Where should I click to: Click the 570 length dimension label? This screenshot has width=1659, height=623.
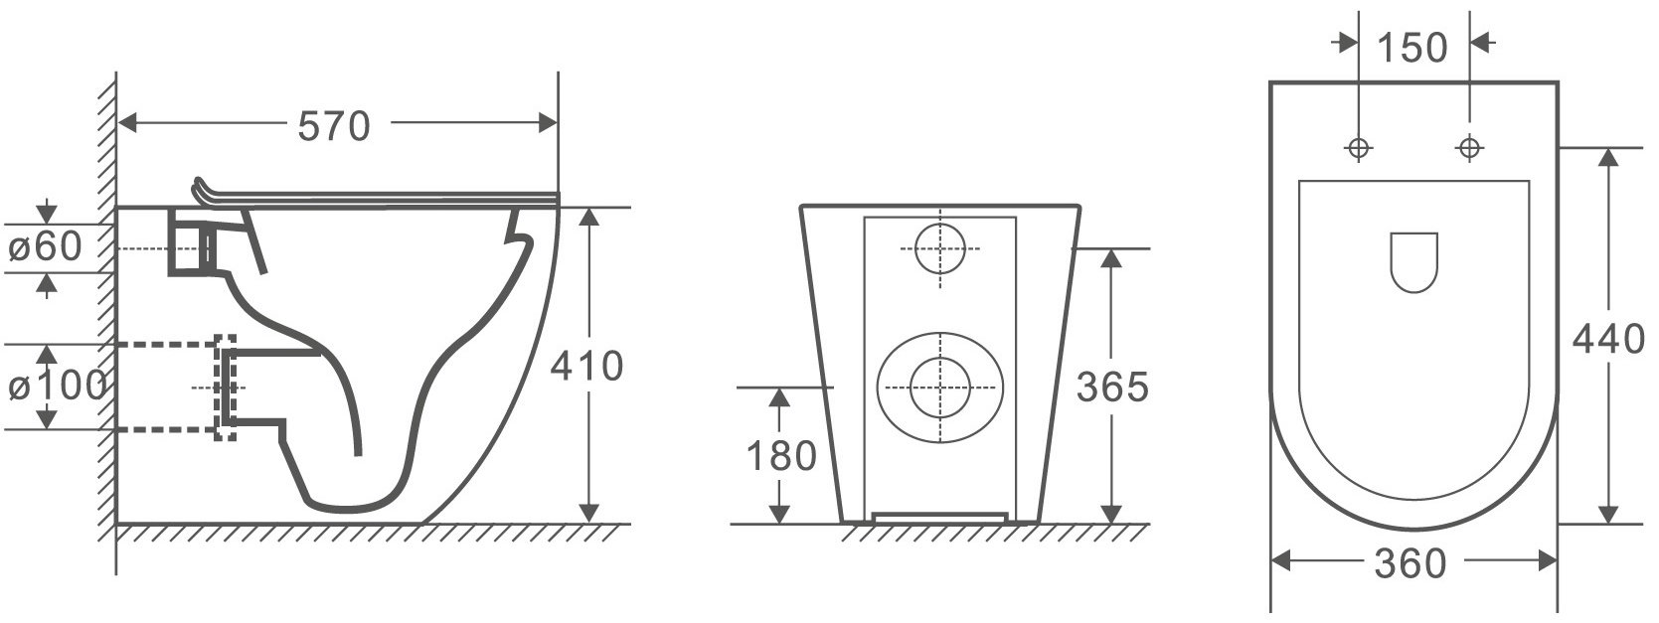[333, 126]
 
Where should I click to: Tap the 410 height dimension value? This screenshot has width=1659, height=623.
[586, 366]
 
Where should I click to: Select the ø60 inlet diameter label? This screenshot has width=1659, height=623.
[45, 246]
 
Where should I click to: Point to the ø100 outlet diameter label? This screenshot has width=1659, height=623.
[57, 386]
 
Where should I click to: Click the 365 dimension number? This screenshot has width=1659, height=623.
[1111, 387]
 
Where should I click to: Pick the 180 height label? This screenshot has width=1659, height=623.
[781, 456]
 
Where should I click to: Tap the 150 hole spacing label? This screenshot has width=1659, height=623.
[1412, 48]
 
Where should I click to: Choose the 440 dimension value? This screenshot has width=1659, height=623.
[1608, 340]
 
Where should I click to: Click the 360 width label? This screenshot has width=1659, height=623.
[1410, 564]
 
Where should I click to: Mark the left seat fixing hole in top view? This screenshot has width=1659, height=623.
[1358, 148]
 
